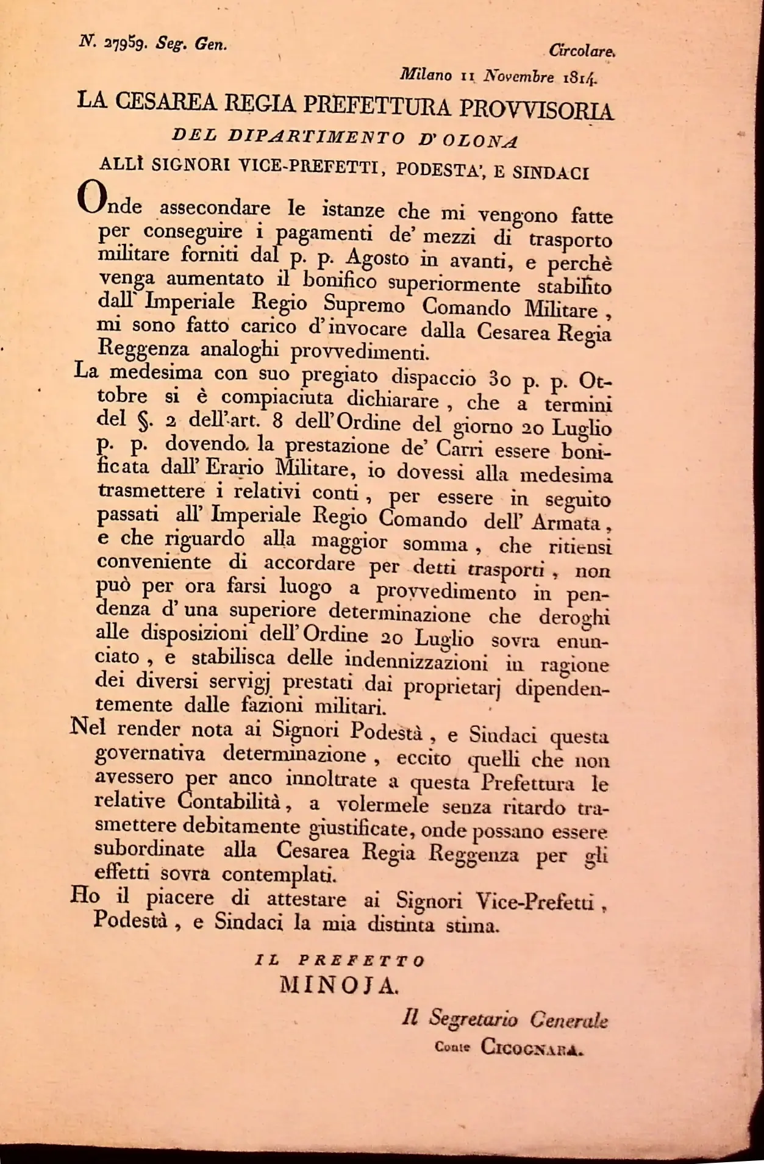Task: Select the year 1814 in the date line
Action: point(580,77)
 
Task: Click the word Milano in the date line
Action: point(426,74)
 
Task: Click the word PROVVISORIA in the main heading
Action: point(536,110)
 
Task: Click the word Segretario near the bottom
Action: point(473,1018)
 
